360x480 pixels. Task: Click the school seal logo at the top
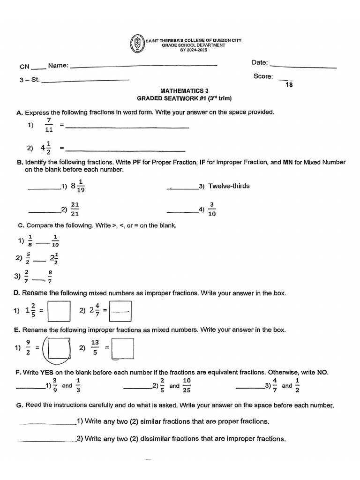[136, 44]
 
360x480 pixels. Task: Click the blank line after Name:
[143, 66]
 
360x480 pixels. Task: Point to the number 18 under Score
[289, 85]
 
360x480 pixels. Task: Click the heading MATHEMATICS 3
[182, 91]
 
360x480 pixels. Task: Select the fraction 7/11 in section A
[49, 125]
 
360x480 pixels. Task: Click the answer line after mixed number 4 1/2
[125, 150]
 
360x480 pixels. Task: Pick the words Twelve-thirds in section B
[229, 186]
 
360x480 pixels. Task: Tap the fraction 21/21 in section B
[75, 209]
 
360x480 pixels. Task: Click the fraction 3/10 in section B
[212, 209]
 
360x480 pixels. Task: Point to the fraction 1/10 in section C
[55, 240]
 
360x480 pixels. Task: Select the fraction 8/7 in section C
[50, 276]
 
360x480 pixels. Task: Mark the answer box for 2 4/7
[120, 311]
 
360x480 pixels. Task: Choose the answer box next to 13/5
[123, 348]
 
